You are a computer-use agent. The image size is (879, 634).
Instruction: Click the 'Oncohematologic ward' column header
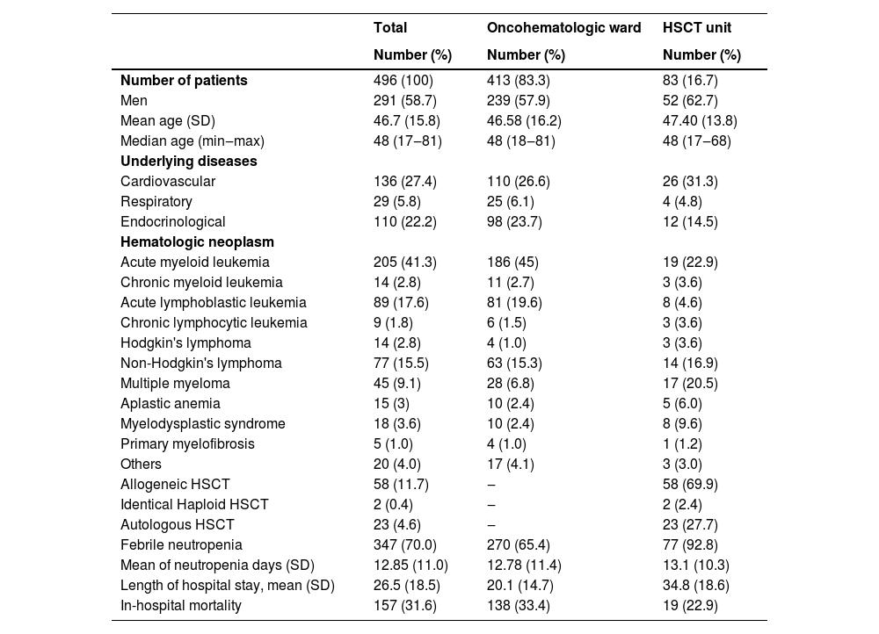pos(563,27)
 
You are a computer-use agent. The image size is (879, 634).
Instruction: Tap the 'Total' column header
pos(390,27)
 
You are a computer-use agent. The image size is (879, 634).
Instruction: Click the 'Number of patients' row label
pos(184,80)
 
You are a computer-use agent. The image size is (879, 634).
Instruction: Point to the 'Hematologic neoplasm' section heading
pos(197,241)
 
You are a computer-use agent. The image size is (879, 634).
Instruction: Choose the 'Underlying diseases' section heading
pos(188,161)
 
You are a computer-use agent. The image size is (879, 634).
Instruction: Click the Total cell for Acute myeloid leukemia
pos(405,262)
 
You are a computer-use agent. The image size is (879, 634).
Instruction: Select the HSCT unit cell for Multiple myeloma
pos(690,383)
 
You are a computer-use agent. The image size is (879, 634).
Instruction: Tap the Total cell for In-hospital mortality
pos(405,605)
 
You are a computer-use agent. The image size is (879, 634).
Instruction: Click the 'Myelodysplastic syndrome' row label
pos(203,423)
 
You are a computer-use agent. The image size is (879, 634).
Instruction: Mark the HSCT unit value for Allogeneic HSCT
pos(690,484)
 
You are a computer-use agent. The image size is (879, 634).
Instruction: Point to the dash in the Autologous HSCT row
pos(491,524)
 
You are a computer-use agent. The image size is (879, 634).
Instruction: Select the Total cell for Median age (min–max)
pos(407,140)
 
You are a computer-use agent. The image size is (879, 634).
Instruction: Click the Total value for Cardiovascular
pos(405,181)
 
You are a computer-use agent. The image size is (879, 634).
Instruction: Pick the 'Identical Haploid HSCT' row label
pos(194,504)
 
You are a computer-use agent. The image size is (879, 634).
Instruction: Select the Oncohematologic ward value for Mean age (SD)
pos(524,120)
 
